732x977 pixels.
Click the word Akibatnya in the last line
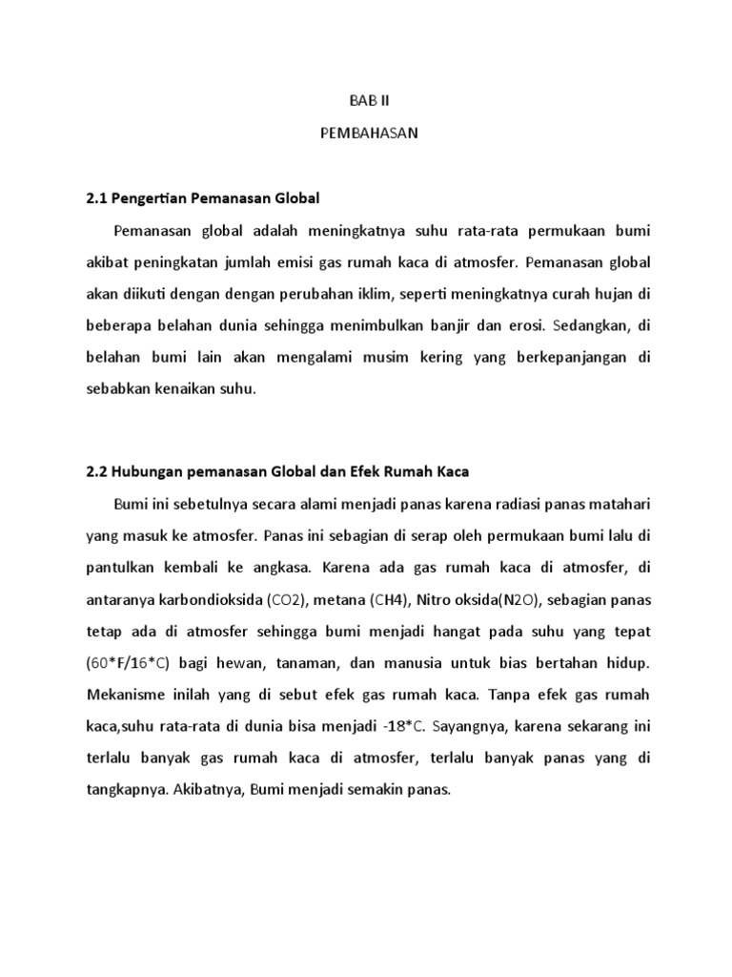pyautogui.click(x=206, y=791)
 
